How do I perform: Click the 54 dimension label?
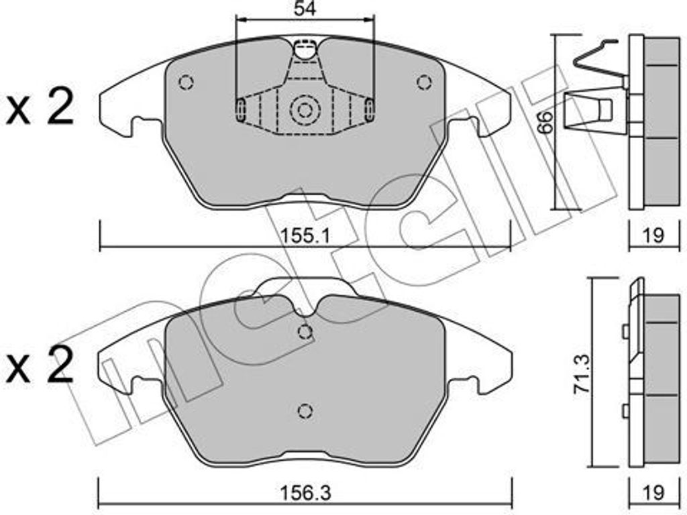305,8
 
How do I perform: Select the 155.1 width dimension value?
305,237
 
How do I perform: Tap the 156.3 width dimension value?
305,493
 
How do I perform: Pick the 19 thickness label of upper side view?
653,235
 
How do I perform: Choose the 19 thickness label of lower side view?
653,493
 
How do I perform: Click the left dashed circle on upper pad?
187,82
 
